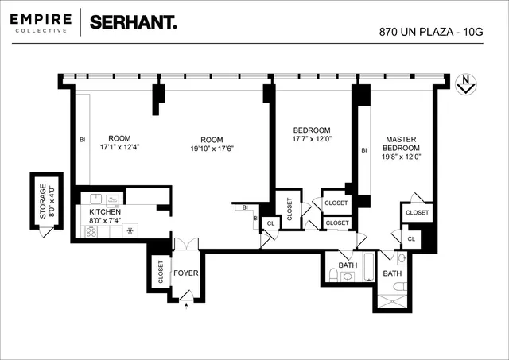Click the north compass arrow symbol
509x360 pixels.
[465, 85]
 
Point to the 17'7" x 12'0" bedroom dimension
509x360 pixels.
[312, 140]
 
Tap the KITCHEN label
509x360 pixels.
[104, 212]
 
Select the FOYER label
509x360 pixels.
[186, 273]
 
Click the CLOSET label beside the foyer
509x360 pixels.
[160, 273]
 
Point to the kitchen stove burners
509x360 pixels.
[91, 232]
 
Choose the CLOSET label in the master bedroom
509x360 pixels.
[417, 213]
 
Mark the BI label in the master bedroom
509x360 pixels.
[364, 150]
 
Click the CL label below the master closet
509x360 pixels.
[411, 238]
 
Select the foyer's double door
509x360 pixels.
[185, 245]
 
